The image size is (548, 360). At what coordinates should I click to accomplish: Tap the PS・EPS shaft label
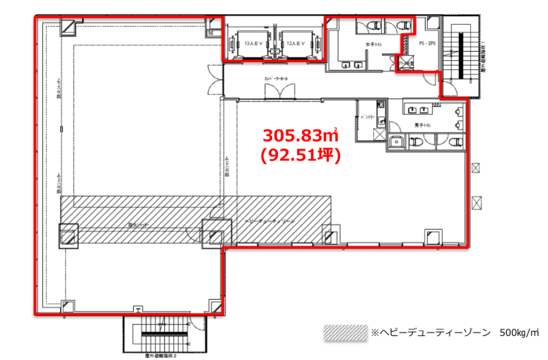coord(426,44)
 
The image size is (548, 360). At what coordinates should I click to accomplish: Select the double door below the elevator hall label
coord(274,91)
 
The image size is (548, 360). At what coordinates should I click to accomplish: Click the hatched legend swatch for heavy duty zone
coord(345,332)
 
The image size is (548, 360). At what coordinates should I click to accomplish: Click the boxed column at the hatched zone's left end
coord(69,235)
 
